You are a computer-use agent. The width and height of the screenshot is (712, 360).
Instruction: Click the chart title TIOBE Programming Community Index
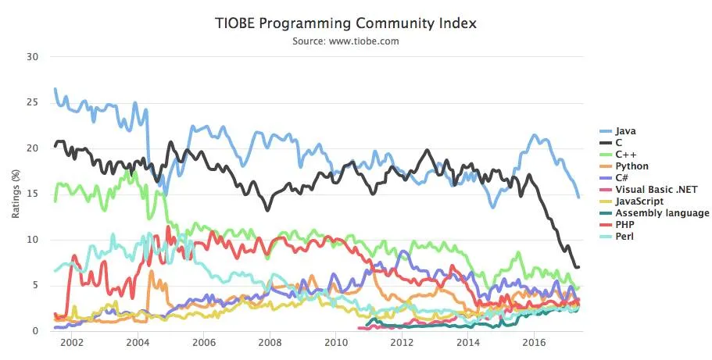click(345, 23)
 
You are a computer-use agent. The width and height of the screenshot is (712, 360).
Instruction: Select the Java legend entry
click(624, 131)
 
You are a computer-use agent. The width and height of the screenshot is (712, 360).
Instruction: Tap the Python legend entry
click(631, 166)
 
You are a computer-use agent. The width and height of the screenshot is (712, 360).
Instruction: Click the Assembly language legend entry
click(661, 212)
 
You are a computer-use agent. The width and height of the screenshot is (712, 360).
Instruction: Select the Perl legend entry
click(624, 236)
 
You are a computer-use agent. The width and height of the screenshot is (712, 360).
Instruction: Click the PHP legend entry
click(624, 224)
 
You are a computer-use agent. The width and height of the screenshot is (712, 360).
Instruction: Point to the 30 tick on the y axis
click(32, 57)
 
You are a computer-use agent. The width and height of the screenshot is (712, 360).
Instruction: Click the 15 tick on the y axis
click(32, 194)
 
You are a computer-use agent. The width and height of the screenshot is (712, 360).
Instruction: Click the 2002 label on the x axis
click(71, 343)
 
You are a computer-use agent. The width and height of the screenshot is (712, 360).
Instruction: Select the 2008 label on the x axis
click(270, 343)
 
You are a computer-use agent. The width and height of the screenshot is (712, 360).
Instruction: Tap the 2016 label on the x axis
click(535, 343)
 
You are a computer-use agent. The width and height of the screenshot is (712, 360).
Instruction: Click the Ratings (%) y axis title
click(16, 194)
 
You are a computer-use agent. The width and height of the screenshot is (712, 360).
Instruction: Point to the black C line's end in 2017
click(578, 267)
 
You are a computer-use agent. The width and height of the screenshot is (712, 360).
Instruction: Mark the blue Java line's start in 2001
click(55, 89)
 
